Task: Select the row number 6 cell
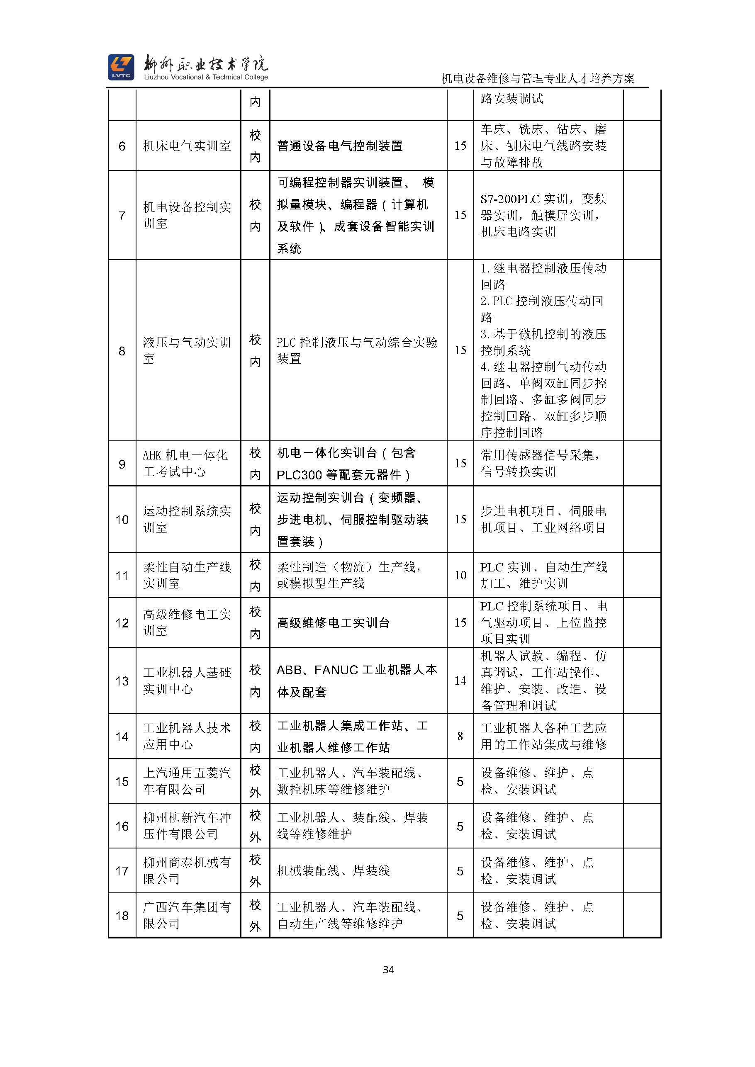tap(122, 146)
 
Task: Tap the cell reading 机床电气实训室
tap(187, 146)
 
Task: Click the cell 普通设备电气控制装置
tap(339, 146)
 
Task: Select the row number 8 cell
tap(122, 351)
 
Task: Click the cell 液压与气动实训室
tap(187, 350)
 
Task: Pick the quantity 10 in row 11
tap(460, 575)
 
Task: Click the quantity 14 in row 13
tap(460, 681)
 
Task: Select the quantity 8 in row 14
tap(460, 736)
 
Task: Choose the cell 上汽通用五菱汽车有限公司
tap(187, 781)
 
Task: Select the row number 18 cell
tap(122, 916)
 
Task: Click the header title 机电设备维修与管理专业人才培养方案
tap(538, 78)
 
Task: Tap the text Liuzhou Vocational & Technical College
tap(206, 77)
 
